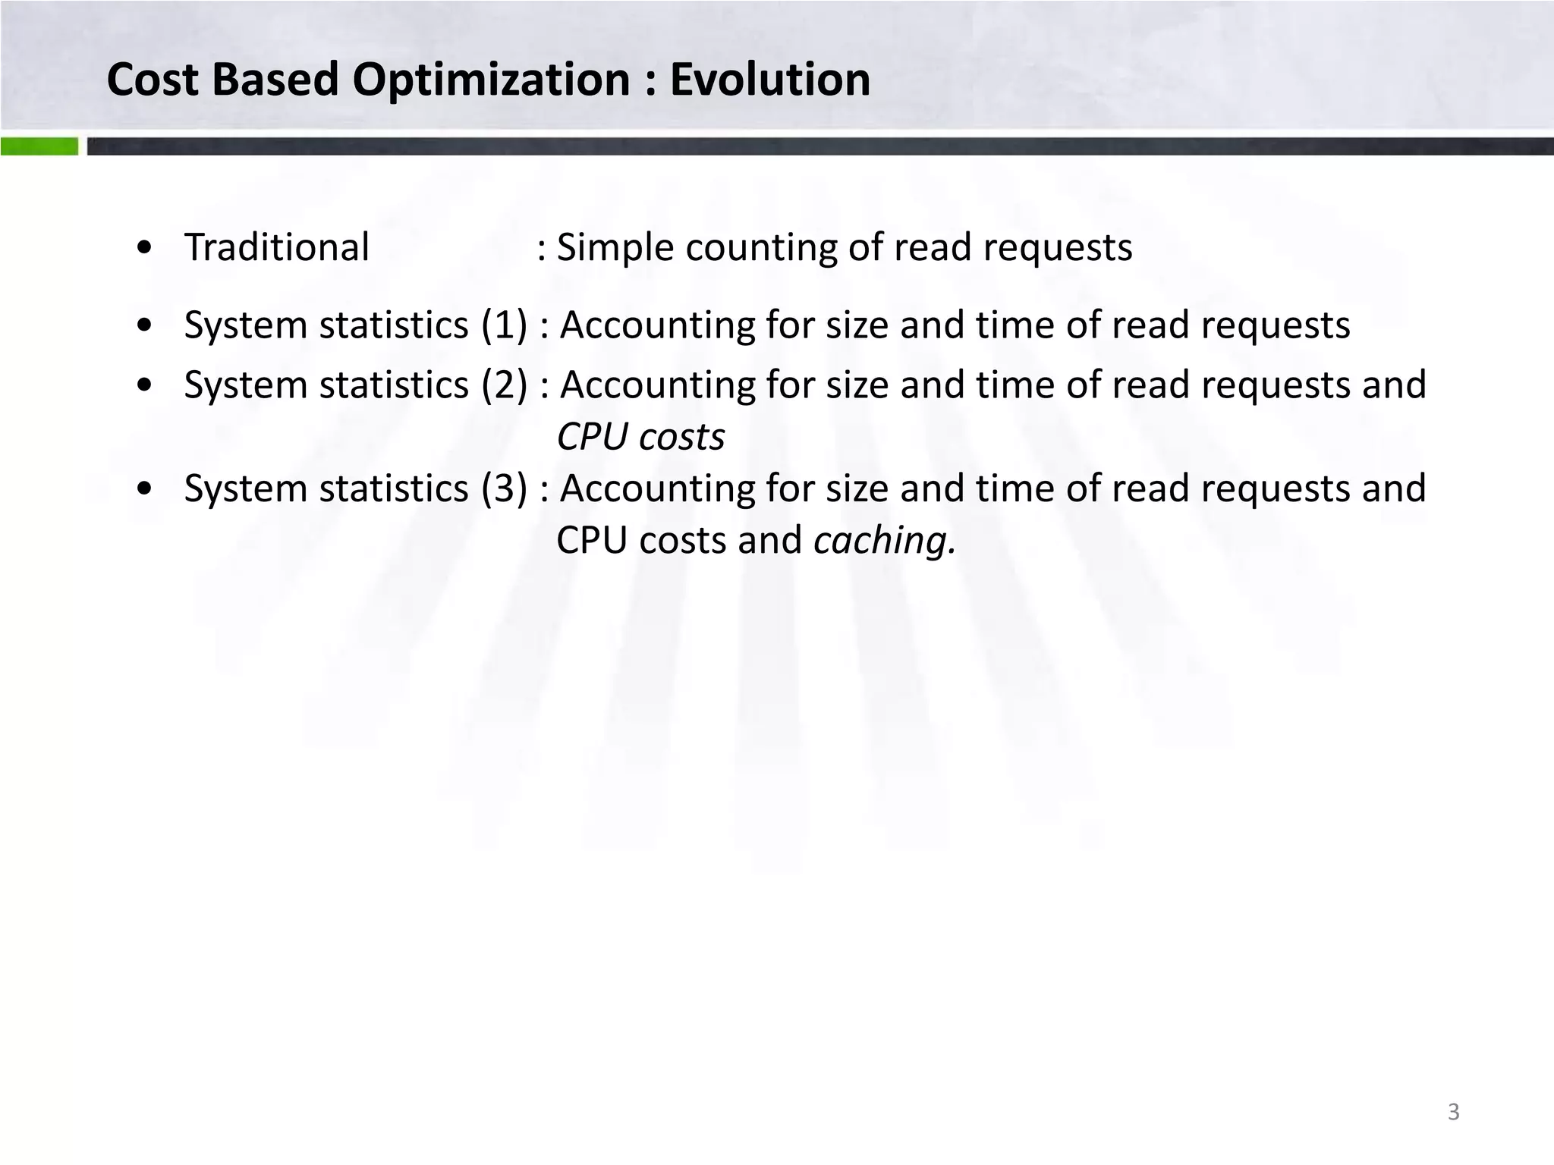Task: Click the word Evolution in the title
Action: coord(769,80)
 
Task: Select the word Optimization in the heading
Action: coord(492,80)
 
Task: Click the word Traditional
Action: coord(277,247)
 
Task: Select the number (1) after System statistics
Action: coord(504,325)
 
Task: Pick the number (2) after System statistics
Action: coord(504,385)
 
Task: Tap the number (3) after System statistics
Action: coord(504,488)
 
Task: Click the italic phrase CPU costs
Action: coord(640,437)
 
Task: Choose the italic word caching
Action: coord(883,541)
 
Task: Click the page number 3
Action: coord(1453,1112)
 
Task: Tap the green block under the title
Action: coord(39,146)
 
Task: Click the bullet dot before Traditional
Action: coord(144,249)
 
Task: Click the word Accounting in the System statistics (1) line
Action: coord(657,325)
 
